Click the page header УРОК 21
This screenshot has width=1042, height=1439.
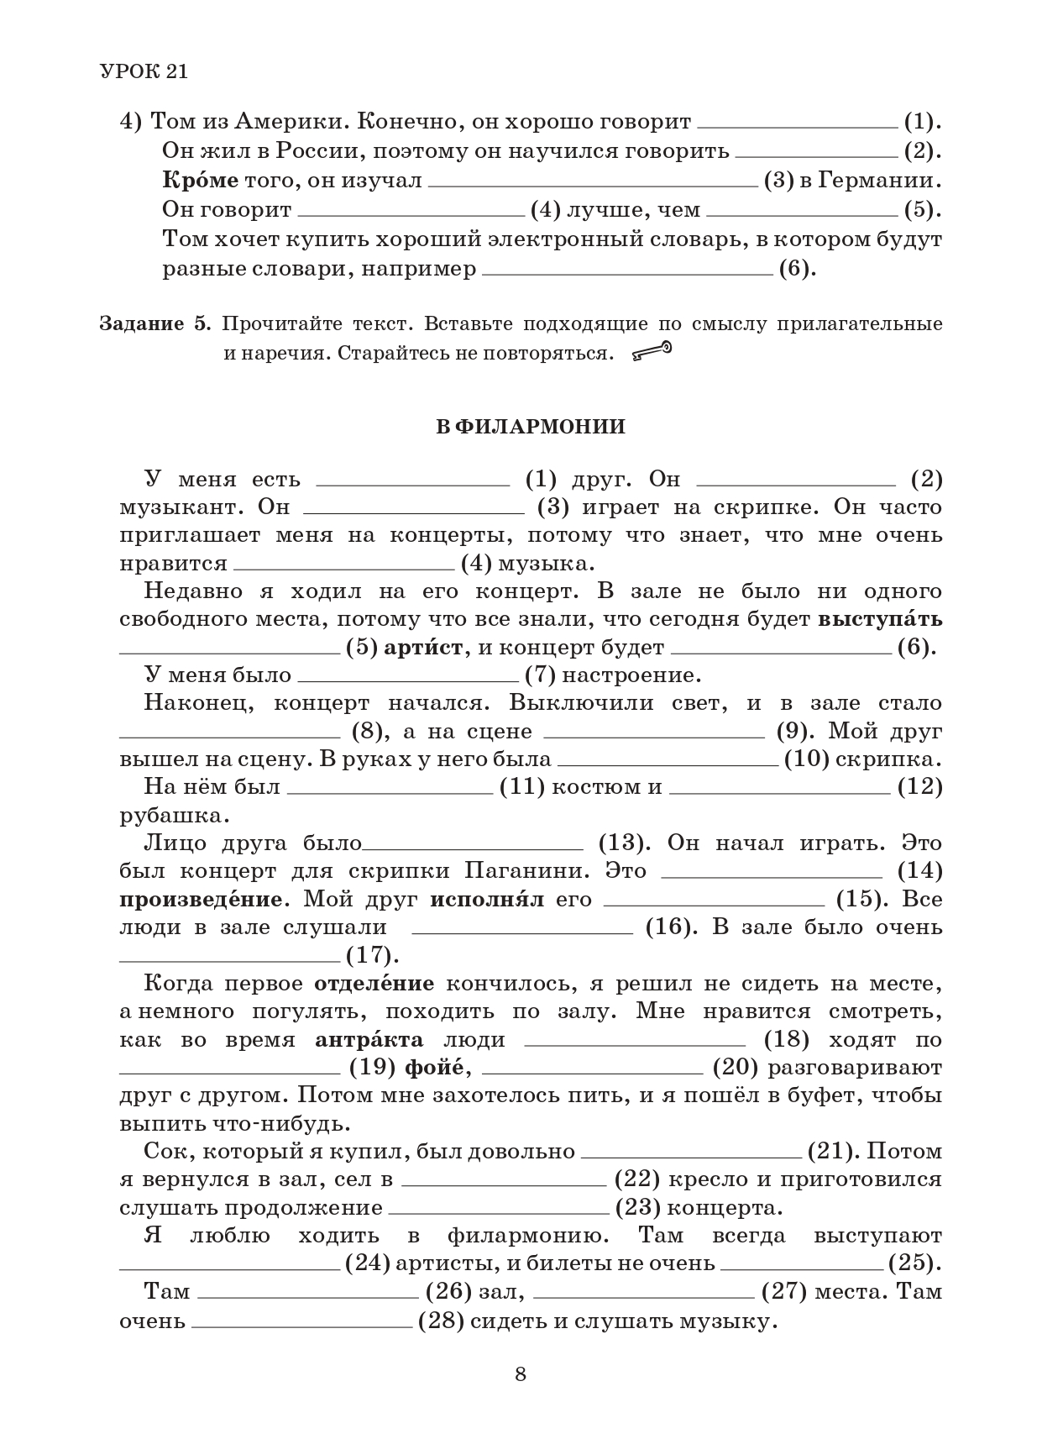click(144, 71)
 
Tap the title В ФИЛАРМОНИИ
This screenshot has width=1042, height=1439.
click(531, 427)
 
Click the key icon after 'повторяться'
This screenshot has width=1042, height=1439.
click(652, 352)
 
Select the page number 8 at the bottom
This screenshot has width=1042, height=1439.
click(521, 1374)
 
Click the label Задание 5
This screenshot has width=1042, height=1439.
click(157, 324)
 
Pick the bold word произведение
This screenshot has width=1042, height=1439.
click(201, 900)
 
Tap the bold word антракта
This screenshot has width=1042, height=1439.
click(369, 1040)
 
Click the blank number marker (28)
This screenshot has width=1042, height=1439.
click(441, 1321)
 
